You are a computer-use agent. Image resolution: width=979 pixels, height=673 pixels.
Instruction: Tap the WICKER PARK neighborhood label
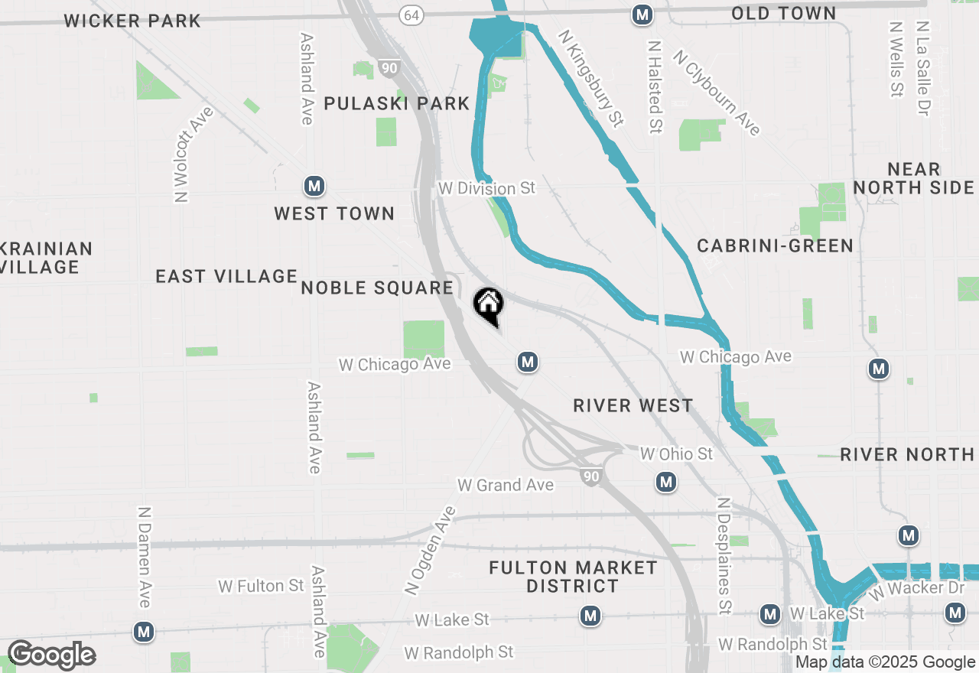click(x=132, y=21)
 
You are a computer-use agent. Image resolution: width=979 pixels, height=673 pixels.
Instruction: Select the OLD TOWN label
click(x=783, y=13)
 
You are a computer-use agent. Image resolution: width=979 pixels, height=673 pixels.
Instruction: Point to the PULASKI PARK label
click(x=396, y=103)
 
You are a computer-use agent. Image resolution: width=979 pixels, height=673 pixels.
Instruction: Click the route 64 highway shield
click(x=412, y=15)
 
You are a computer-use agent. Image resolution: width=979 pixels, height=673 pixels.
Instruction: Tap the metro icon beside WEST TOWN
click(x=314, y=186)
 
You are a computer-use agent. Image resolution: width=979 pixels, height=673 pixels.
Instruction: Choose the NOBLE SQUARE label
click(x=378, y=288)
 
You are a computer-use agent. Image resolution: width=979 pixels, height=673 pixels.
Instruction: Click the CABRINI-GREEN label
click(x=775, y=245)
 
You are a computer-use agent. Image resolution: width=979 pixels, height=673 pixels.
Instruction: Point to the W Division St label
click(x=487, y=187)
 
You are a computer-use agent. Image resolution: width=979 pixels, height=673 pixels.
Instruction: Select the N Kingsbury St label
click(x=590, y=78)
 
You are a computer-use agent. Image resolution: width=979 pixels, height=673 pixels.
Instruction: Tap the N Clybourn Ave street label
click(x=717, y=93)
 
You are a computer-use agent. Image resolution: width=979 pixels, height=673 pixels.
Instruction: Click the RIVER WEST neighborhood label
click(x=633, y=405)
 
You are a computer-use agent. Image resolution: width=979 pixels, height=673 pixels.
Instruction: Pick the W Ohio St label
click(x=675, y=454)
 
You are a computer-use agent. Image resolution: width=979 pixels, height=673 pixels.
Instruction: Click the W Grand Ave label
click(x=505, y=485)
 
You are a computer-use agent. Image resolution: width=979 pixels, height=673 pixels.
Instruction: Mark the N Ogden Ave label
click(x=430, y=549)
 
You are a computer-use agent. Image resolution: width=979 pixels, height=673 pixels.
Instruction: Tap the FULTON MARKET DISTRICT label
click(x=573, y=577)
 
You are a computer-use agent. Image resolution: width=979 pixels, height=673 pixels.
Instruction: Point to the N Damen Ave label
click(x=144, y=556)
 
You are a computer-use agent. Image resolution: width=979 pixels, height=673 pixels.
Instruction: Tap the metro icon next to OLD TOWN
click(x=642, y=14)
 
